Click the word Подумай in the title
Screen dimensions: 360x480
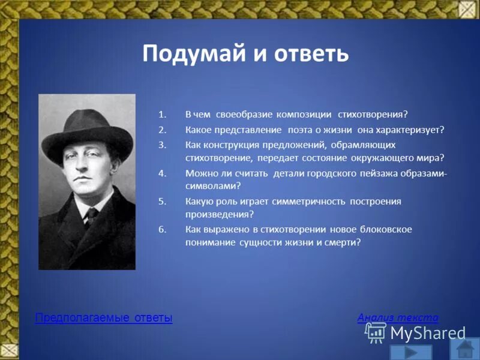coord(190,53)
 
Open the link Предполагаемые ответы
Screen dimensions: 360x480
coord(104,318)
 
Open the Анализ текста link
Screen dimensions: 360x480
coord(398,317)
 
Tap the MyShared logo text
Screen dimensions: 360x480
coord(427,333)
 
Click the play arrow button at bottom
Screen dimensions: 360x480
coord(411,352)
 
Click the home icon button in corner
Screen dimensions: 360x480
coord(467,350)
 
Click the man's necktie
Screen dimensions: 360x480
coord(91,215)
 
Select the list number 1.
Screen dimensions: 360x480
coord(161,114)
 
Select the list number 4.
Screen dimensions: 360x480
coord(161,173)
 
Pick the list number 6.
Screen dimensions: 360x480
coord(161,229)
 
